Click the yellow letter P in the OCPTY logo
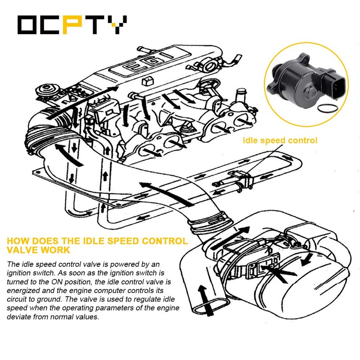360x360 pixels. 72,26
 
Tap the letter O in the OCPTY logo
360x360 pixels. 28,26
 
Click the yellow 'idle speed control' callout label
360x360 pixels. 280,140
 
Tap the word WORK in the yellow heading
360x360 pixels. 61,248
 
